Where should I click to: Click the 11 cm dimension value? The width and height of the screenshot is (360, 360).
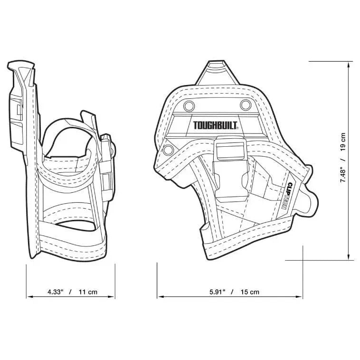point(88,292)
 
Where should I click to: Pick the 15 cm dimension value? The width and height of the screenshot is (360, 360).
point(250,292)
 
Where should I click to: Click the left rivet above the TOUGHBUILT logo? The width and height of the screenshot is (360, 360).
point(189,104)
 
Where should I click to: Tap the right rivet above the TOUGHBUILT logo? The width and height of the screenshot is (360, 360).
point(245,104)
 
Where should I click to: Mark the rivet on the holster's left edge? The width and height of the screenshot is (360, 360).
point(168,150)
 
